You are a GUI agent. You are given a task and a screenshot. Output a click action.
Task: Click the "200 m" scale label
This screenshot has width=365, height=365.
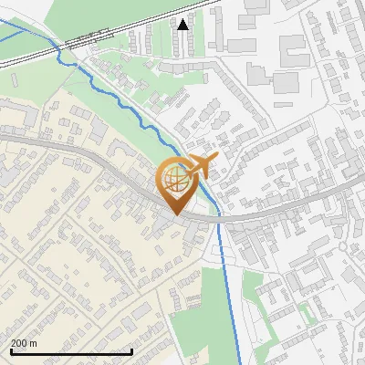tap(24, 343)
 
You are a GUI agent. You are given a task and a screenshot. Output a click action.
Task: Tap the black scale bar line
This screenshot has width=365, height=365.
tap(71, 351)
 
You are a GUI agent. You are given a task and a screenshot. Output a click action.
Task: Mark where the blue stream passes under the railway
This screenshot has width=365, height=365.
tap(60, 51)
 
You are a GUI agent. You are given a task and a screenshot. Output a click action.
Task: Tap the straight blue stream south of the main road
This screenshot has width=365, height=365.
tap(223, 274)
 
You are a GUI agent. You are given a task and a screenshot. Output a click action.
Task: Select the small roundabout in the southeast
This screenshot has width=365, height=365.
tap(344, 245)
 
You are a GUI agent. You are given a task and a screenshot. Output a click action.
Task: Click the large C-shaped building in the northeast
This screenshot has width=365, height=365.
tap(292, 50)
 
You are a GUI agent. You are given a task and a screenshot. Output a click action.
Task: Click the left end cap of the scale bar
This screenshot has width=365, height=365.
tap(10, 350)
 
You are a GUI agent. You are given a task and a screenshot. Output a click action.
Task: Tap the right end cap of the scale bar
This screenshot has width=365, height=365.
tap(132, 350)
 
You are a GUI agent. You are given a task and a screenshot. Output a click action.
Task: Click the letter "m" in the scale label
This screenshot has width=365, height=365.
tap(33, 343)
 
